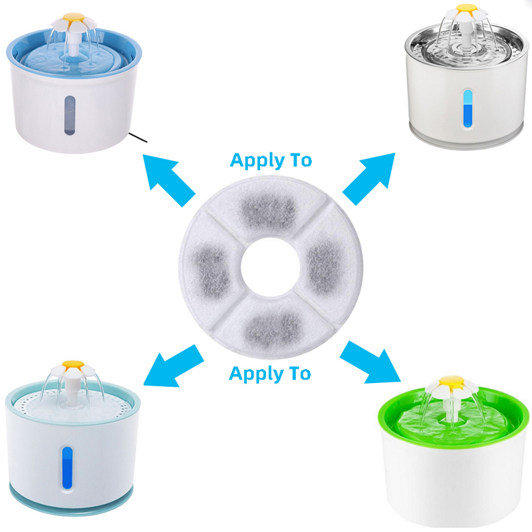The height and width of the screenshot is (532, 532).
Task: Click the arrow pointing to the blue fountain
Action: coord(169,180)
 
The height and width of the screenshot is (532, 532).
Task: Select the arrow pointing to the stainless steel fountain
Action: coord(369,178)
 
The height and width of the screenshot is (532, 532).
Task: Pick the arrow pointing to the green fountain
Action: coord(370,362)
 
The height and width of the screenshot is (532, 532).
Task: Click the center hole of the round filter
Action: coord(271,267)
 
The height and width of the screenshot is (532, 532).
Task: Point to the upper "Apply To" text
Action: coord(271,160)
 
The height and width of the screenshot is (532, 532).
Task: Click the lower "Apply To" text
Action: coord(270,374)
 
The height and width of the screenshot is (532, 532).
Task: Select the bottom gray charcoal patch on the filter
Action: coord(273,327)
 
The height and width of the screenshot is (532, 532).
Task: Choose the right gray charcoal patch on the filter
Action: coord(325,267)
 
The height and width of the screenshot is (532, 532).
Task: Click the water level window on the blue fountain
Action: coord(70,115)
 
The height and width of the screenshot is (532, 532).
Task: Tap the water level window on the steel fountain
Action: coord(467,108)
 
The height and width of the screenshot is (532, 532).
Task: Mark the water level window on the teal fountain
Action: coord(67,468)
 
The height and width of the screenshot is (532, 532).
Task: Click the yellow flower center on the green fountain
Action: coord(452,382)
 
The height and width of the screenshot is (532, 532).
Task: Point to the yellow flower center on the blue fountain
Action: coord(74,17)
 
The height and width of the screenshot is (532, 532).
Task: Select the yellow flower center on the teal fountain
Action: coord(73,364)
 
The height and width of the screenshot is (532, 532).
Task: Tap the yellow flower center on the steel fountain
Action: coord(467,9)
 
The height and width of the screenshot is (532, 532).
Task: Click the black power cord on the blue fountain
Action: coord(138,138)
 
